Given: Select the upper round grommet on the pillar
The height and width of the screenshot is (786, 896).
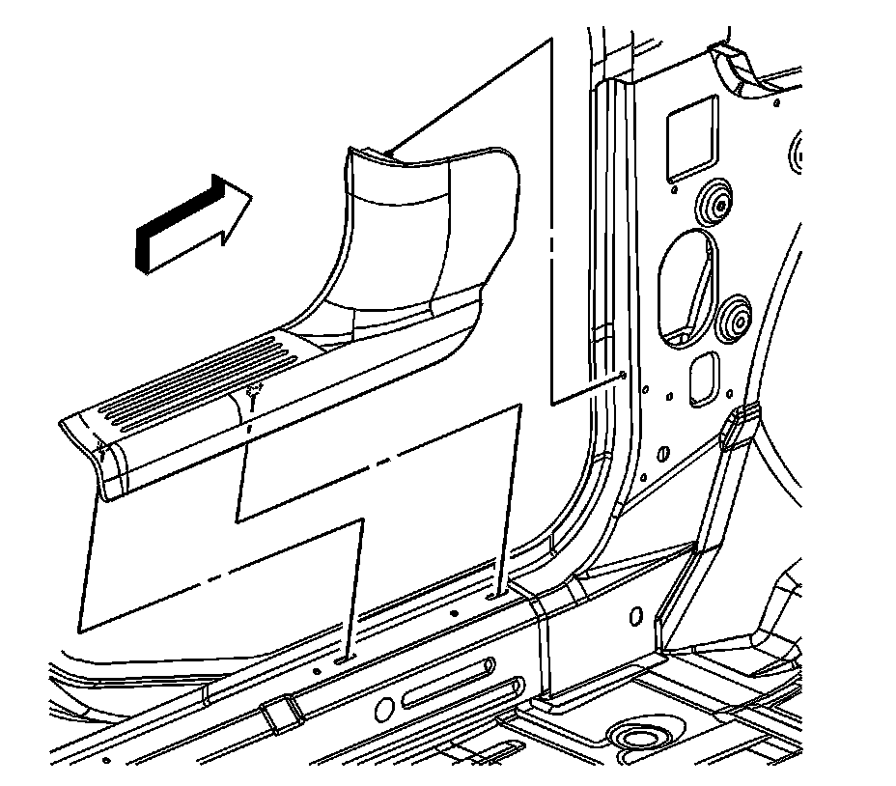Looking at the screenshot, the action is [x=714, y=202].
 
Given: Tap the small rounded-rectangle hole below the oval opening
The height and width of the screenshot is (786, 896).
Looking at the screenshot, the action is [x=704, y=378].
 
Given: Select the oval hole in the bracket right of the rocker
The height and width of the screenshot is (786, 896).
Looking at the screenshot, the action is [x=635, y=615].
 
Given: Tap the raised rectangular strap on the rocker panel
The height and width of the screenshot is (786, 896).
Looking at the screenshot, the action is [x=281, y=714].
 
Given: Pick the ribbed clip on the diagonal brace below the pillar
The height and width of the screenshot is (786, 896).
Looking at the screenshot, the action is [x=738, y=424].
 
